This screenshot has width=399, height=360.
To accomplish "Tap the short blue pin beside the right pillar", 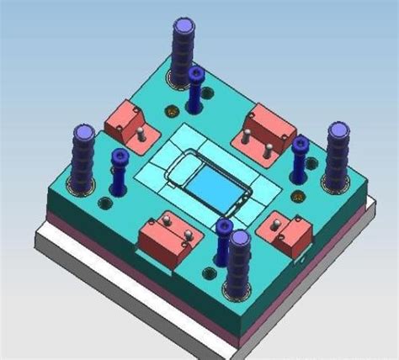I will [x=300, y=160].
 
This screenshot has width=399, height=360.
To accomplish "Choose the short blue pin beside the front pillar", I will [x=223, y=243].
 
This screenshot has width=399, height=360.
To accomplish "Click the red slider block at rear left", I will [x=125, y=122].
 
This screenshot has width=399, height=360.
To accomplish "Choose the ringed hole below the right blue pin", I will [x=296, y=199].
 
